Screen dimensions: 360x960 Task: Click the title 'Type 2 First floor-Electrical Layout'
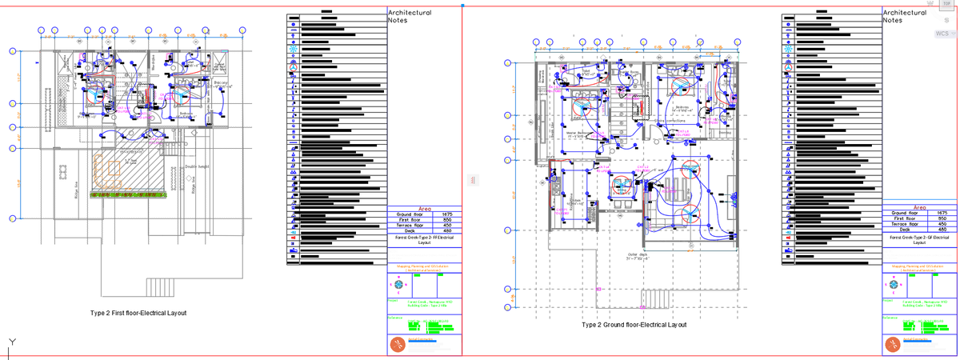tap(138, 313)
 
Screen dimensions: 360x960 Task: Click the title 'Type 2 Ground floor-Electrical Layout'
tap(634, 325)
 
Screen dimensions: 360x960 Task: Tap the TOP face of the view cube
tap(947, 4)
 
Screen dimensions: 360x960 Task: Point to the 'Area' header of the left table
tap(425, 208)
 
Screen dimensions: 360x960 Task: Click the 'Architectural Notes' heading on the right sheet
tap(903, 17)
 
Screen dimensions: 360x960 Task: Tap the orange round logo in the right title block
tap(892, 345)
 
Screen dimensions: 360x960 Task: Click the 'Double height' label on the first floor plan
tap(198, 166)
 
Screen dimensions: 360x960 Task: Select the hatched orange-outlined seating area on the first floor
tap(128, 171)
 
